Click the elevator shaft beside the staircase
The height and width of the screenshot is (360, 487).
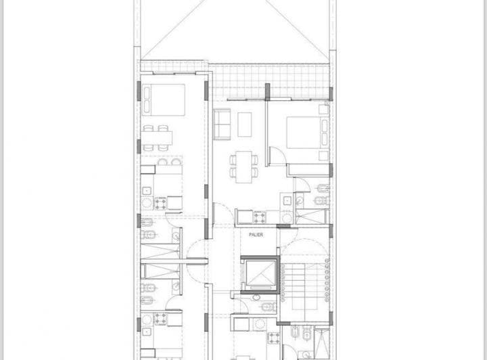(x=259, y=273)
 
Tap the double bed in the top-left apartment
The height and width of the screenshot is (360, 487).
(x=164, y=99)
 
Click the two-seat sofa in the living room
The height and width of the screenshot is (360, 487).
(x=222, y=122)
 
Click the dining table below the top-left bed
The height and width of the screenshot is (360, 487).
(x=158, y=138)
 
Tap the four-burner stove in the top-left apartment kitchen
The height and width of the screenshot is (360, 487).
(x=160, y=202)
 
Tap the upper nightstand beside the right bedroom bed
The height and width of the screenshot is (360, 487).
(x=325, y=110)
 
